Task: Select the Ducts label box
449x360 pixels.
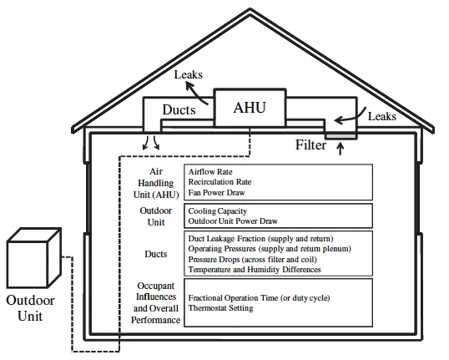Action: tap(178, 109)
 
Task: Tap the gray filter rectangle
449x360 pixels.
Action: tap(341, 134)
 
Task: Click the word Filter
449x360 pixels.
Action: tap(310, 145)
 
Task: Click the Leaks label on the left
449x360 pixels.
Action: tap(189, 75)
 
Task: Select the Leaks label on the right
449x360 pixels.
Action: tap(381, 117)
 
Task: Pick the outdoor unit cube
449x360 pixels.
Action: tap(34, 255)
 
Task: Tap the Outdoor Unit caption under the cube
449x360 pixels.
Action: tap(30, 307)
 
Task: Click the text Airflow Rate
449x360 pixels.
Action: tap(210, 171)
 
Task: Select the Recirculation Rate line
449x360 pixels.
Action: tap(219, 181)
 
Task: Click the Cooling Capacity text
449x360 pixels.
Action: tap(217, 211)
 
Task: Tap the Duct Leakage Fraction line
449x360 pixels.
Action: tap(260, 240)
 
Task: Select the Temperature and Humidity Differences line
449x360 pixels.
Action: tap(255, 270)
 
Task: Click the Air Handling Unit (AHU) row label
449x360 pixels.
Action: tap(154, 182)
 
